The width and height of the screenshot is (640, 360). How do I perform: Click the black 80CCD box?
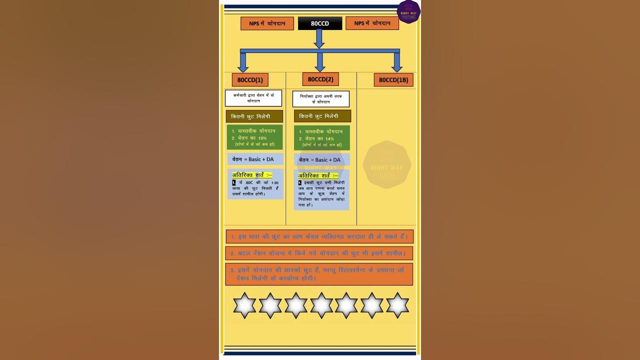click(320, 23)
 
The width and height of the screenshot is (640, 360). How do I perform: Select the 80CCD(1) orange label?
click(250, 80)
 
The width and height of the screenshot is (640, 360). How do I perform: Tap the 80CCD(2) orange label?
click(320, 79)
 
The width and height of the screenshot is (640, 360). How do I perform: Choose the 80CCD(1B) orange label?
click(393, 80)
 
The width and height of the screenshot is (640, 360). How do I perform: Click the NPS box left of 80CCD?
click(267, 23)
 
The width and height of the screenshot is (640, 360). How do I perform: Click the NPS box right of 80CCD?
click(372, 23)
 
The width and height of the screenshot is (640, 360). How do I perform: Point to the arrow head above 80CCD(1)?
click(243, 68)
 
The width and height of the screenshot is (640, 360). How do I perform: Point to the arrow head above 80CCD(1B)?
click(397, 68)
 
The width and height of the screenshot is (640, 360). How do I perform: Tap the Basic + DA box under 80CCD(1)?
click(255, 159)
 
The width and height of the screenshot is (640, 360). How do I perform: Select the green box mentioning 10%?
click(254, 137)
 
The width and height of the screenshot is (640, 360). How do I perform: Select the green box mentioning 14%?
click(322, 138)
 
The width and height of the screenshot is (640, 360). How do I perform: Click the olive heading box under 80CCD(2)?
click(322, 116)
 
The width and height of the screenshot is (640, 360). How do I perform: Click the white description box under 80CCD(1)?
click(253, 98)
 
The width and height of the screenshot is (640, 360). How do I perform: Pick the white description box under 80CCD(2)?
click(321, 98)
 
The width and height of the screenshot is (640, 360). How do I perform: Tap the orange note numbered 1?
click(319, 236)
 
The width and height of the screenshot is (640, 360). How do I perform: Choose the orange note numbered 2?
click(319, 253)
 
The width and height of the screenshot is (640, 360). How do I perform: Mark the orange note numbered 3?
click(319, 274)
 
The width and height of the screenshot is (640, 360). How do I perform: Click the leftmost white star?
click(244, 305)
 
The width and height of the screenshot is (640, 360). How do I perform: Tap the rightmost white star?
click(397, 305)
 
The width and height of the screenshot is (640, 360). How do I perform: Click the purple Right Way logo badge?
click(408, 11)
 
